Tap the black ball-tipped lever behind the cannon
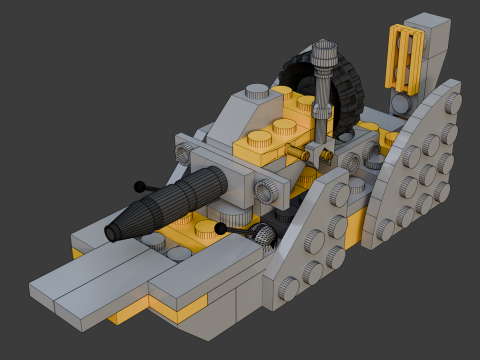coord(140,186)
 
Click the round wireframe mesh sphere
coord(262,236)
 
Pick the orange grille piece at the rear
coord(404,57)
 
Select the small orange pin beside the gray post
coord(297,153)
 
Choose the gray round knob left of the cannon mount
coord(183,153)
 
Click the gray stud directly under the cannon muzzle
coord(153,240)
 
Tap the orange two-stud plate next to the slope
coord(272,131)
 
